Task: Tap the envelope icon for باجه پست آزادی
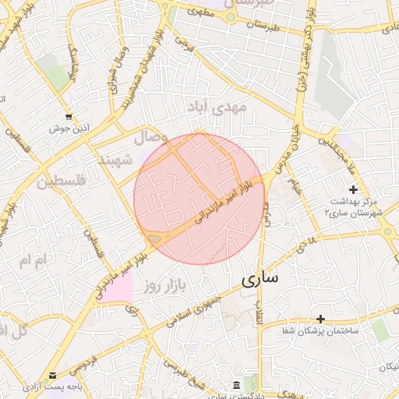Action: point(52,375)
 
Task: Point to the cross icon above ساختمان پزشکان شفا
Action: point(320,319)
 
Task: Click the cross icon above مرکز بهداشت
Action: point(353,189)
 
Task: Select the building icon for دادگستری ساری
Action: point(236,385)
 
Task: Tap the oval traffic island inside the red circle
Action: point(155,238)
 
